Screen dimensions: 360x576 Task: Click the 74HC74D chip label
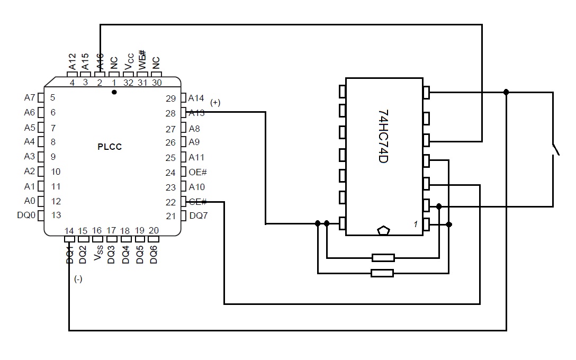click(x=384, y=136)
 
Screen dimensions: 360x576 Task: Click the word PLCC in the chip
click(x=110, y=147)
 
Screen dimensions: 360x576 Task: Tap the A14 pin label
click(x=196, y=98)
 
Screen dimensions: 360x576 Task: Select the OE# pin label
click(x=197, y=172)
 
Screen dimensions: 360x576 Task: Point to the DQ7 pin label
click(x=199, y=215)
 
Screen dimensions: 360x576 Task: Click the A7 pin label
click(x=29, y=97)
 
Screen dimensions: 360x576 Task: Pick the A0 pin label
click(x=29, y=201)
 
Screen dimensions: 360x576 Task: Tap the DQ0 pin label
click(x=26, y=215)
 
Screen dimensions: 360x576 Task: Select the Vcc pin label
click(x=129, y=62)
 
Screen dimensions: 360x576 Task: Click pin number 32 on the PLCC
click(x=128, y=83)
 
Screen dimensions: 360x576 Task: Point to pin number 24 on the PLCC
click(x=170, y=173)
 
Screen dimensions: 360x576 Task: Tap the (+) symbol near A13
click(x=215, y=103)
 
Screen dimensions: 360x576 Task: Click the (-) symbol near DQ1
click(x=78, y=280)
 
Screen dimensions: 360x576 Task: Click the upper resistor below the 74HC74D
click(x=383, y=258)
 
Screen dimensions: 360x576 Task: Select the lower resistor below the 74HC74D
click(x=382, y=273)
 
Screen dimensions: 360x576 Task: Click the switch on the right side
click(x=555, y=150)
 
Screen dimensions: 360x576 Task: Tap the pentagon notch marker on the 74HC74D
click(x=383, y=230)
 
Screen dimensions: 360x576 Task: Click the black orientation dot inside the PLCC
click(x=114, y=92)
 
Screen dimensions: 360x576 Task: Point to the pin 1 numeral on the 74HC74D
click(x=416, y=224)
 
